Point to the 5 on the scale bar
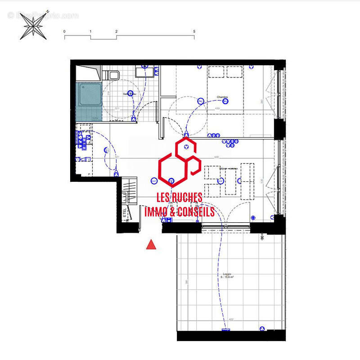(194, 31)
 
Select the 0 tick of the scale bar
(64, 31)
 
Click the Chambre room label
(222, 97)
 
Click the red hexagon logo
(179, 162)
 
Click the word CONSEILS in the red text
(196, 212)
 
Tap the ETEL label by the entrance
(125, 213)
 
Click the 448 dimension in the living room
(216, 157)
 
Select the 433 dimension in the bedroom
(217, 108)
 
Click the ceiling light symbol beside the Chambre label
(198, 101)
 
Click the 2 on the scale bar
(116, 31)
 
